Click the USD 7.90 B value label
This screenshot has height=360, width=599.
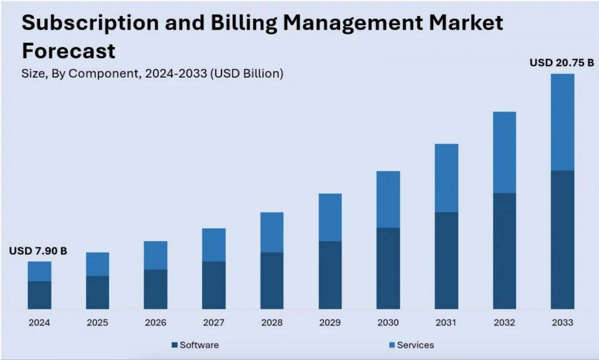[38, 251]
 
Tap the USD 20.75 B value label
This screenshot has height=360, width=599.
[562, 63]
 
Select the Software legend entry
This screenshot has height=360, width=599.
[195, 345]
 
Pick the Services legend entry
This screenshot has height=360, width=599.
[411, 345]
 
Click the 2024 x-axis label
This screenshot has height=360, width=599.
[39, 323]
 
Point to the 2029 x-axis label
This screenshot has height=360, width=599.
[330, 323]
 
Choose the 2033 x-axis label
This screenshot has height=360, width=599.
[562, 323]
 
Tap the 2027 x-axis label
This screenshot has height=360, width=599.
[214, 323]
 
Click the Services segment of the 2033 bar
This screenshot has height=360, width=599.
[562, 122]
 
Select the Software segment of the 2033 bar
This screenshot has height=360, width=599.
[562, 239]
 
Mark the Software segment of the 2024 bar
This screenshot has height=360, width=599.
[40, 295]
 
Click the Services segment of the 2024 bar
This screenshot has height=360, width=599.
[40, 271]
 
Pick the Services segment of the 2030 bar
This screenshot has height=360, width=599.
[388, 199]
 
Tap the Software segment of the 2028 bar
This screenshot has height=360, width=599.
[272, 281]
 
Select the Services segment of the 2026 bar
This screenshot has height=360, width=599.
[156, 255]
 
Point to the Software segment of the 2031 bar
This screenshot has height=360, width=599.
[446, 261]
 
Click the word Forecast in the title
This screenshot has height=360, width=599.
[69, 51]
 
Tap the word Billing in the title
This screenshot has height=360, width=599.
[243, 23]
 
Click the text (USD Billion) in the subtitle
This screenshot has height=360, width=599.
[247, 74]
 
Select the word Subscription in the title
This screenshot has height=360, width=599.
[90, 23]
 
